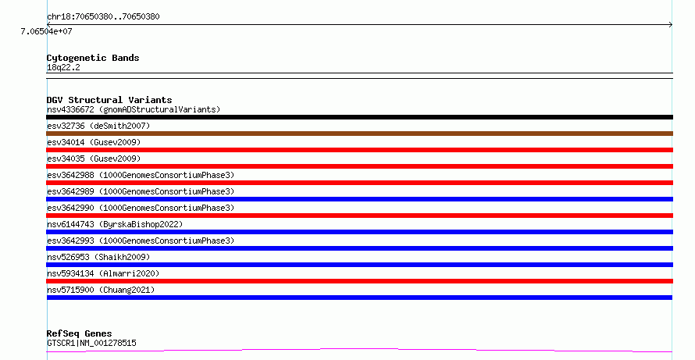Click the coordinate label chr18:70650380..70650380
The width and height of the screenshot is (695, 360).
103,16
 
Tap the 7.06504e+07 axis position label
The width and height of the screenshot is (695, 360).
47,31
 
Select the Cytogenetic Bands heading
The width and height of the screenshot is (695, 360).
93,58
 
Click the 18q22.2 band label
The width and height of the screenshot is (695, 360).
63,67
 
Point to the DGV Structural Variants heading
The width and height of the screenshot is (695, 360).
109,100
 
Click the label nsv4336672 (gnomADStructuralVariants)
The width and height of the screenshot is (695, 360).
134,109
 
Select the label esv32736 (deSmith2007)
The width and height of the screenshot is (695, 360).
98,126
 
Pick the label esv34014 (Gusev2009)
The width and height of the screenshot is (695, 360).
94,142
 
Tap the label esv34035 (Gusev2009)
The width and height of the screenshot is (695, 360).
94,159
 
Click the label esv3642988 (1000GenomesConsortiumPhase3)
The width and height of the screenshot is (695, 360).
141,175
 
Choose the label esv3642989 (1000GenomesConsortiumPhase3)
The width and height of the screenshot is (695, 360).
141,191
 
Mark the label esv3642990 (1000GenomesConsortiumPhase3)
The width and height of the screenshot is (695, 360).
141,208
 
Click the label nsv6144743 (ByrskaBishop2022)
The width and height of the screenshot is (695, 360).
115,224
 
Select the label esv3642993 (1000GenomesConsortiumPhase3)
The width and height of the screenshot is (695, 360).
141,241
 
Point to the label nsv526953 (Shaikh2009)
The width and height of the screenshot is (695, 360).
98,257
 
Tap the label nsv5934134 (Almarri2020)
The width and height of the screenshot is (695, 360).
103,273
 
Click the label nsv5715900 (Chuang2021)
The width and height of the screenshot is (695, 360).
101,290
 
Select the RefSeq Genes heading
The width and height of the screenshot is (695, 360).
79,333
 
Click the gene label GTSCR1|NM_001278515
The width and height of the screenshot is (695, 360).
91,343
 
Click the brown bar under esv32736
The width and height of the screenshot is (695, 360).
359,134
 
